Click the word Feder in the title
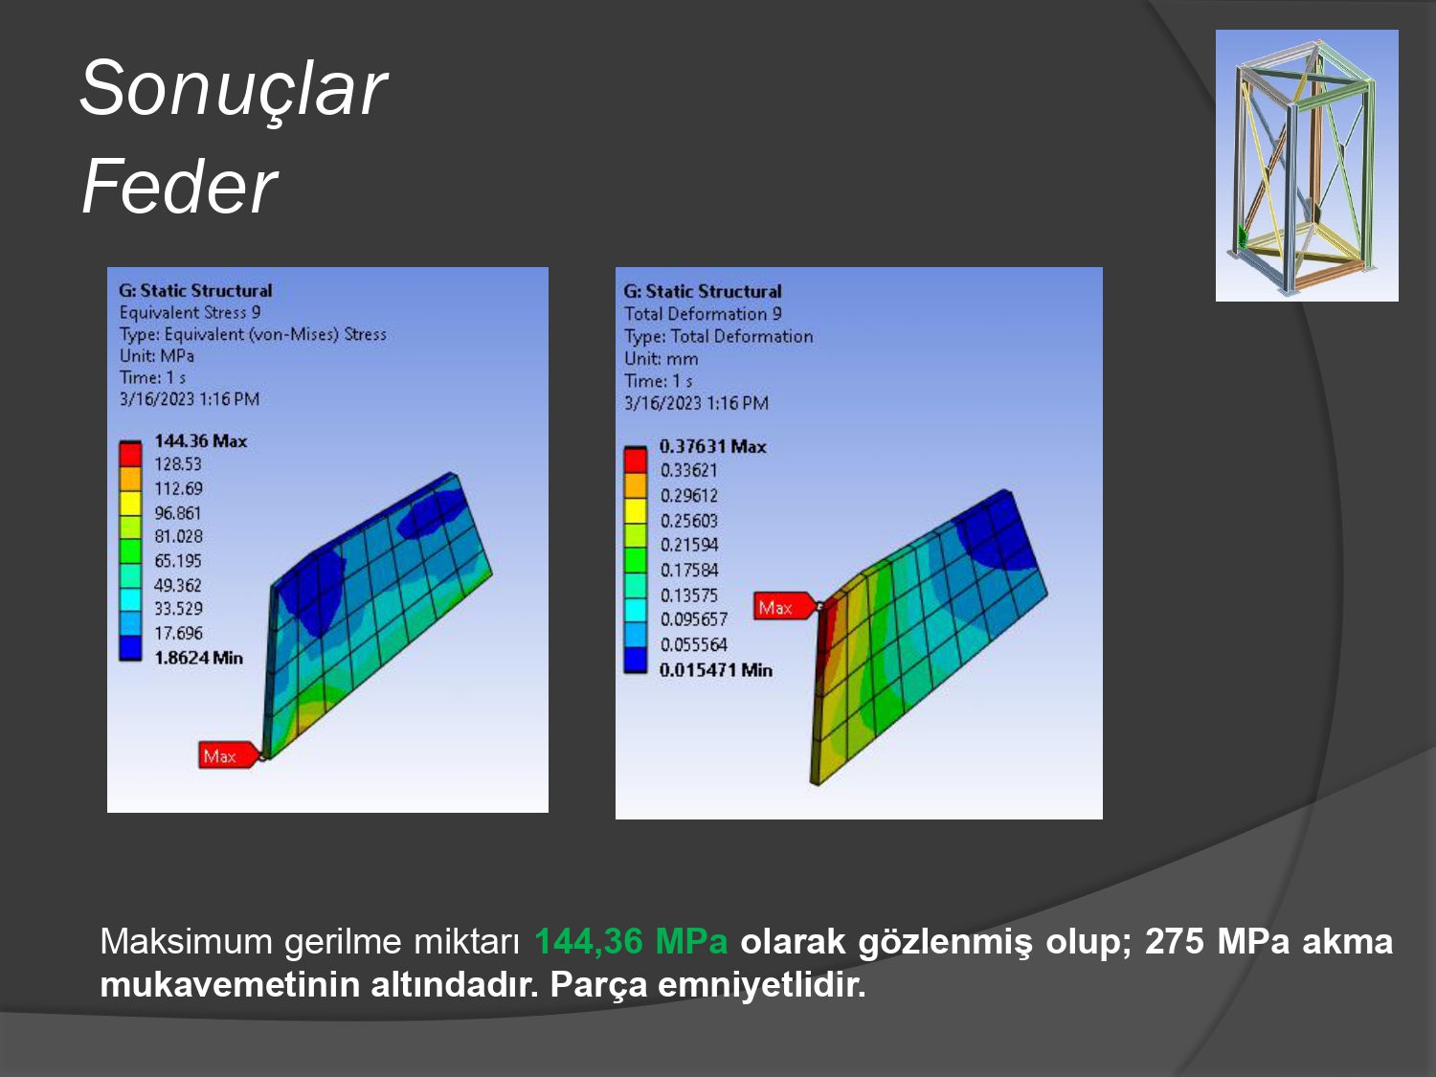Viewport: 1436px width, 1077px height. coord(179,187)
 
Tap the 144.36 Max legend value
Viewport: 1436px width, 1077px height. coord(201,441)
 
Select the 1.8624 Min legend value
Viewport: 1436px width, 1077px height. coord(199,658)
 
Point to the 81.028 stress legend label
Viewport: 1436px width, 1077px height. coord(179,537)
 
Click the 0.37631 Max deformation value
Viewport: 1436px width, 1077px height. coord(712,447)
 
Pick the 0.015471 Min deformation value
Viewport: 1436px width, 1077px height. coord(716,670)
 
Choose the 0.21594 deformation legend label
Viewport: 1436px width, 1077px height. coord(689,546)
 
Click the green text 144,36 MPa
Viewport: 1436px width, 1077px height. coord(631,942)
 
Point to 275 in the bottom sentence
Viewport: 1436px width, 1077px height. coord(1175,942)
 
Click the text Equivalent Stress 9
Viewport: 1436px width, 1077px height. coord(190,313)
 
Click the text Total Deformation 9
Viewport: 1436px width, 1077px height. coord(704,314)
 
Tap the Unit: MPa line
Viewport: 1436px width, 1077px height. coord(157,356)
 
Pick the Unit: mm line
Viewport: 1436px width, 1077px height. coord(662,359)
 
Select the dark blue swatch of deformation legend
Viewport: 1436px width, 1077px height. coord(636,661)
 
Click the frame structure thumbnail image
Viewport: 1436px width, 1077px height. coord(1307,166)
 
